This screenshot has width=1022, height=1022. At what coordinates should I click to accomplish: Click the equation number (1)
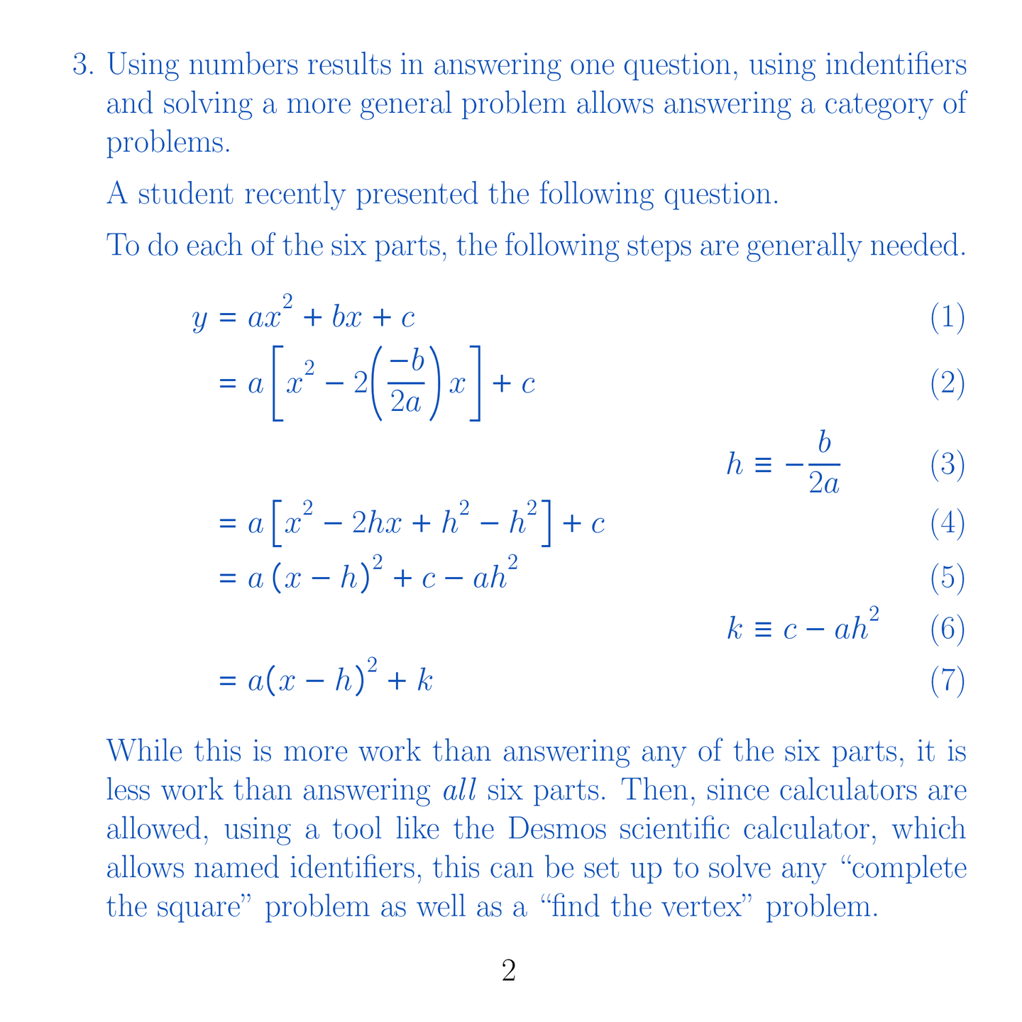click(947, 317)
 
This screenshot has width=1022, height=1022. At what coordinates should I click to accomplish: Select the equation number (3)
click(947, 466)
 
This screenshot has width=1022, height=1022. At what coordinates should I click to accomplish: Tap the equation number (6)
click(947, 630)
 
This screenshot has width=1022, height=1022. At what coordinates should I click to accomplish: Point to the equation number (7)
click(947, 681)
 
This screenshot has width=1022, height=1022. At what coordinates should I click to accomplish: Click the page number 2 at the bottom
click(508, 971)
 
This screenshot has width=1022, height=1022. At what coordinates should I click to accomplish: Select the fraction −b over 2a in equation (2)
click(407, 383)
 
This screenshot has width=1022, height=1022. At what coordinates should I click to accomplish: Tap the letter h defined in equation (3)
click(735, 466)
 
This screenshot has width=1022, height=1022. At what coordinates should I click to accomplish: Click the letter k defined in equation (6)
click(735, 630)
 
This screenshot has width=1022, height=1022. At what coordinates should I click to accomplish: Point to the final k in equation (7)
click(424, 682)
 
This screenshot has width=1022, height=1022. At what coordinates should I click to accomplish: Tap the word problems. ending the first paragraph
click(168, 144)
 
